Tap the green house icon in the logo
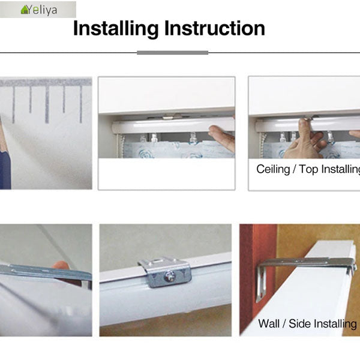pos(25,10)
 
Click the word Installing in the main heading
pos(116,28)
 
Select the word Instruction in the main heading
pos(214,28)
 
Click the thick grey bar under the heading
pos(172,53)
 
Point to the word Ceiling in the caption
pos(273,169)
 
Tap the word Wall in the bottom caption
pos(269,323)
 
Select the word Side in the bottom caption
pos(298,323)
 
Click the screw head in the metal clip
pos(169,276)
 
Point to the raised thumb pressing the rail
pos(304,128)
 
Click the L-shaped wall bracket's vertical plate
pos(261,284)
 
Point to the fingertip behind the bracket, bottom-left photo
pos(60,265)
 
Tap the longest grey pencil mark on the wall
pos(47,104)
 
